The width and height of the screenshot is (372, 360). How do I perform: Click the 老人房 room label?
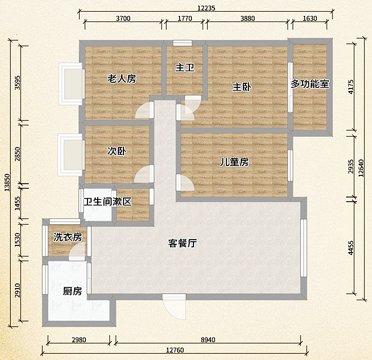121,79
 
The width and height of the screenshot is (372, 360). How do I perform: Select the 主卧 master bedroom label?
241,87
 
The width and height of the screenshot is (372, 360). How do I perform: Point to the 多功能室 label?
310,83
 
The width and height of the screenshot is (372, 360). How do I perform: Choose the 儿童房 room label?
234,162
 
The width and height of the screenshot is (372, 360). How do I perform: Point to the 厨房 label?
73,292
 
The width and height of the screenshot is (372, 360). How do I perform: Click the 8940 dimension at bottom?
208,339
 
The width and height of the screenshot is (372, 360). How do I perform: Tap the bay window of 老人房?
70,83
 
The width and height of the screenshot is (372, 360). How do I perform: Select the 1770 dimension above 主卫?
185,19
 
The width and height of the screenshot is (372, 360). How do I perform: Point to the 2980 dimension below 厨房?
79,339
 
